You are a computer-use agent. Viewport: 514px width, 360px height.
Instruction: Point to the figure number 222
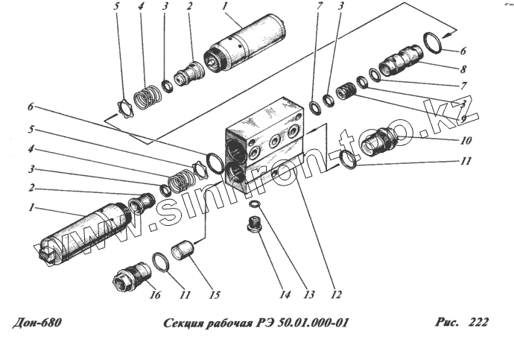(x=477, y=323)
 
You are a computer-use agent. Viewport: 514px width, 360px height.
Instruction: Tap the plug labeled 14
(x=253, y=226)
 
